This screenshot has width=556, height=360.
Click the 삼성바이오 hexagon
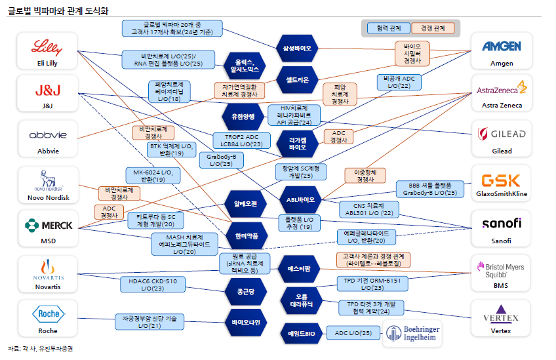[x=297, y=49]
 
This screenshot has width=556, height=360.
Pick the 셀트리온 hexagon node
[x=297, y=79]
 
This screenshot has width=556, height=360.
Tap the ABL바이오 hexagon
[x=301, y=199]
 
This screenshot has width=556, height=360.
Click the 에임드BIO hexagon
[x=301, y=334]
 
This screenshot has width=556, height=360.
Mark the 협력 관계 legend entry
[x=386, y=28]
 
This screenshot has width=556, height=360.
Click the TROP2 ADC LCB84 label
[x=239, y=140]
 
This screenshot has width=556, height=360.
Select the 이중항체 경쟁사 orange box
[x=365, y=176]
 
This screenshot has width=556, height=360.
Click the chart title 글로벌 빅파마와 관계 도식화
[x=58, y=10]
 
